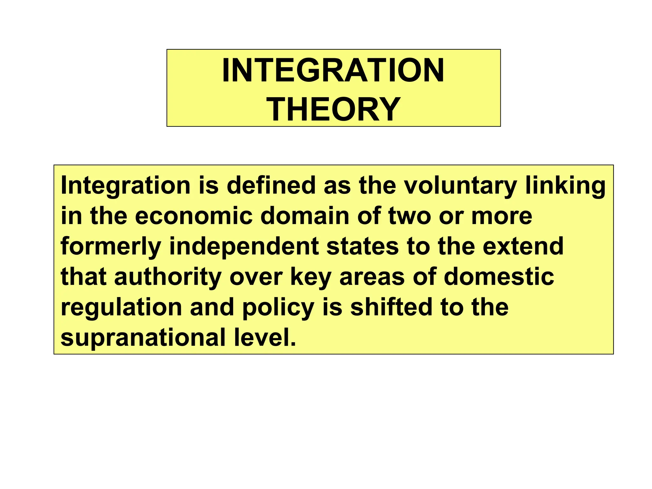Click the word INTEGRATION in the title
tap(333, 70)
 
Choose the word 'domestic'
tap(499, 277)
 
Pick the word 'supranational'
tap(143, 338)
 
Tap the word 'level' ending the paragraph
tap(262, 337)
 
